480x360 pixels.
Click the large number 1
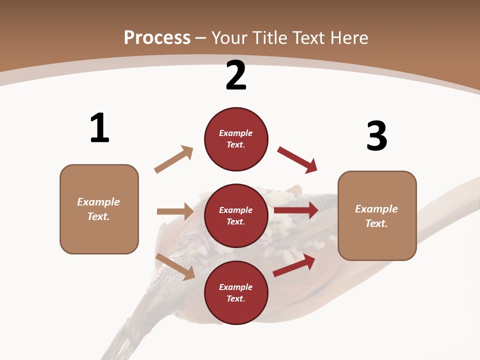pyautogui.click(x=99, y=128)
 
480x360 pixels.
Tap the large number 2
pyautogui.click(x=236, y=75)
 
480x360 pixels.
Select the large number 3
pyautogui.click(x=376, y=136)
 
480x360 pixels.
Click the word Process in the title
pyautogui.click(x=157, y=37)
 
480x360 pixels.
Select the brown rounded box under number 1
pyautogui.click(x=99, y=209)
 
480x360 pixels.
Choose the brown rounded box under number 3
pyautogui.click(x=377, y=216)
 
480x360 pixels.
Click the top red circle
pyautogui.click(x=236, y=139)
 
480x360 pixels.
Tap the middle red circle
pyautogui.click(x=236, y=216)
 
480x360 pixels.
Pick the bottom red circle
pyautogui.click(x=236, y=293)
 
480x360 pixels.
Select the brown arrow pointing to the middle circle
pyautogui.click(x=175, y=211)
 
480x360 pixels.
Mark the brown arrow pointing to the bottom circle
pyautogui.click(x=175, y=266)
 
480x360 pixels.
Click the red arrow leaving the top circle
pyautogui.click(x=297, y=160)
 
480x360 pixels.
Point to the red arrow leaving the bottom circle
pyautogui.click(x=294, y=265)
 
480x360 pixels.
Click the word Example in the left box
pyautogui.click(x=98, y=202)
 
